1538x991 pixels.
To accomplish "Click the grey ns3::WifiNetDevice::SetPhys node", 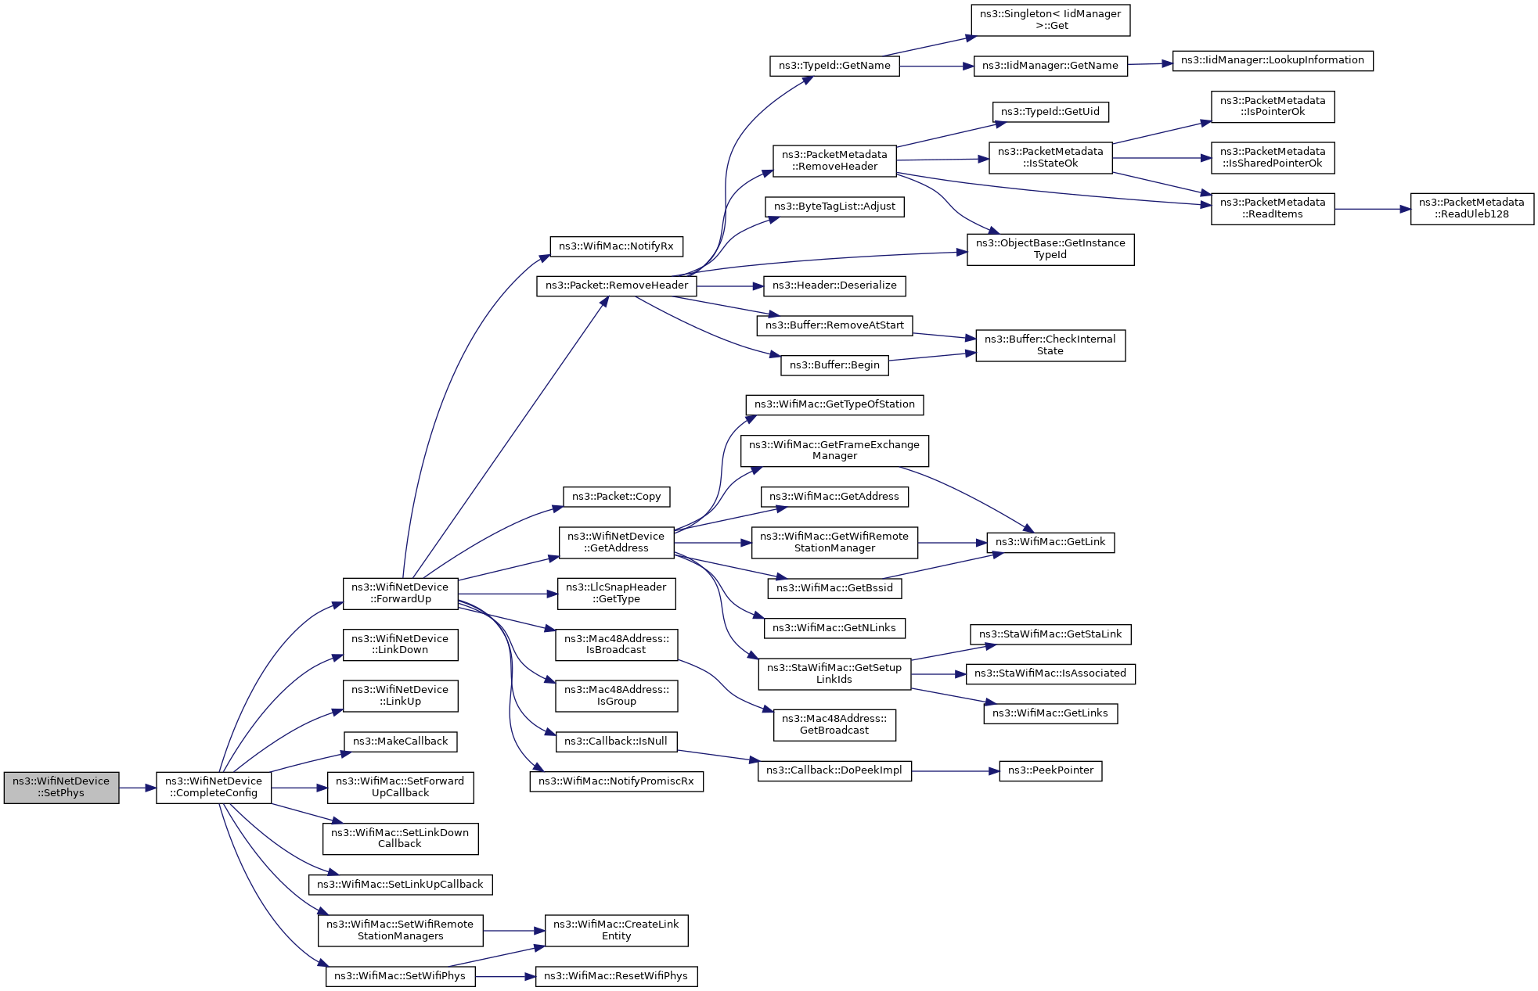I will [x=61, y=787].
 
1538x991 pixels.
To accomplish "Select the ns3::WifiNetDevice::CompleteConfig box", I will [x=214, y=787].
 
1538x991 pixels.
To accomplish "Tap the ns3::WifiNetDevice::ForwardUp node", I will [x=400, y=593].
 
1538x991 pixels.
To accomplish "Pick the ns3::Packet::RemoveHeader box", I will [x=617, y=285].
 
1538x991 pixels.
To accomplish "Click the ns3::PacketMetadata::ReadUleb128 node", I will [x=1471, y=208].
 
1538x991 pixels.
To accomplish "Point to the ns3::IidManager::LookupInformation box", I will [x=1272, y=60].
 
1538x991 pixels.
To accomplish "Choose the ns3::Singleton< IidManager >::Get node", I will [x=1050, y=20].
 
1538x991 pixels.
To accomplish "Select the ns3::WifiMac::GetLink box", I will [x=1050, y=542].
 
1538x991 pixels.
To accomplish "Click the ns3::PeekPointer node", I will [x=1050, y=770].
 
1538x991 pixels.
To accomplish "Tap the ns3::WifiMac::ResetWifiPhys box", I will [x=616, y=976].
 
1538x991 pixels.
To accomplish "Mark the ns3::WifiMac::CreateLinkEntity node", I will [x=616, y=930].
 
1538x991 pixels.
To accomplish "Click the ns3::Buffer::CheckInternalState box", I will [x=1050, y=345].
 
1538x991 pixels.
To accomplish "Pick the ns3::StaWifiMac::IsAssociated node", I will [x=1050, y=673].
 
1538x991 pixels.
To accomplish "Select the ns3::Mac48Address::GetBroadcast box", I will [x=834, y=724].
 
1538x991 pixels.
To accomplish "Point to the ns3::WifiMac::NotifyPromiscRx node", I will [x=616, y=781].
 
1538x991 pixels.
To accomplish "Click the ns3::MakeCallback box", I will [x=400, y=741].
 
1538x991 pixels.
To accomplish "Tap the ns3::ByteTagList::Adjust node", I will [x=834, y=206].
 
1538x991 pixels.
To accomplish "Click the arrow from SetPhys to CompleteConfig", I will [x=138, y=788].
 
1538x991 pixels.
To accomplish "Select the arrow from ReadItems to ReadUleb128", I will [x=1372, y=209].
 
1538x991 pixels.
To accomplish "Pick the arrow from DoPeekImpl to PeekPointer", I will [x=955, y=771].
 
